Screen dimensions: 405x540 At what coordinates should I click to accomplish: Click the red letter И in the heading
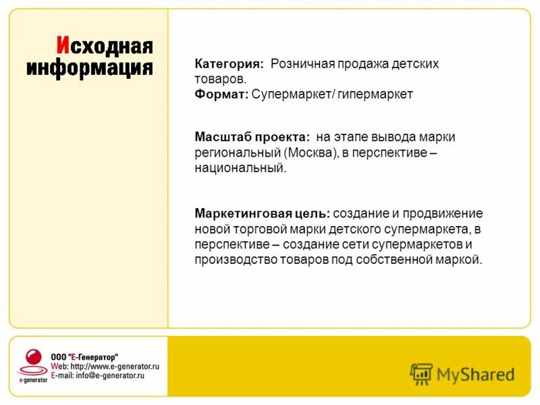pyautogui.click(x=62, y=47)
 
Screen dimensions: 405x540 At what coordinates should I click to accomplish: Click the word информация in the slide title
pyautogui.click(x=90, y=68)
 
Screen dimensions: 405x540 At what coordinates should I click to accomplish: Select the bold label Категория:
pyautogui.click(x=230, y=64)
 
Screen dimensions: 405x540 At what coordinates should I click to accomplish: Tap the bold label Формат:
pyautogui.click(x=221, y=94)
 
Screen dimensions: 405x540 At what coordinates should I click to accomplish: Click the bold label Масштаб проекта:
pyautogui.click(x=252, y=137)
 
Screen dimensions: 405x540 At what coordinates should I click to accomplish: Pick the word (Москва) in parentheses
pyautogui.click(x=310, y=153)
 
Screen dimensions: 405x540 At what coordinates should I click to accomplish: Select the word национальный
pyautogui.click(x=240, y=168)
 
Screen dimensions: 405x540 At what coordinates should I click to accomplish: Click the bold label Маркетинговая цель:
pyautogui.click(x=263, y=213)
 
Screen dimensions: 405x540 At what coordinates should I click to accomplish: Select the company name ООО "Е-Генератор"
pyautogui.click(x=85, y=356)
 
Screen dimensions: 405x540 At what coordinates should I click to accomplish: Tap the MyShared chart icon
pyautogui.click(x=421, y=373)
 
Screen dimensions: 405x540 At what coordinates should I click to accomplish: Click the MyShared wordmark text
pyautogui.click(x=475, y=374)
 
